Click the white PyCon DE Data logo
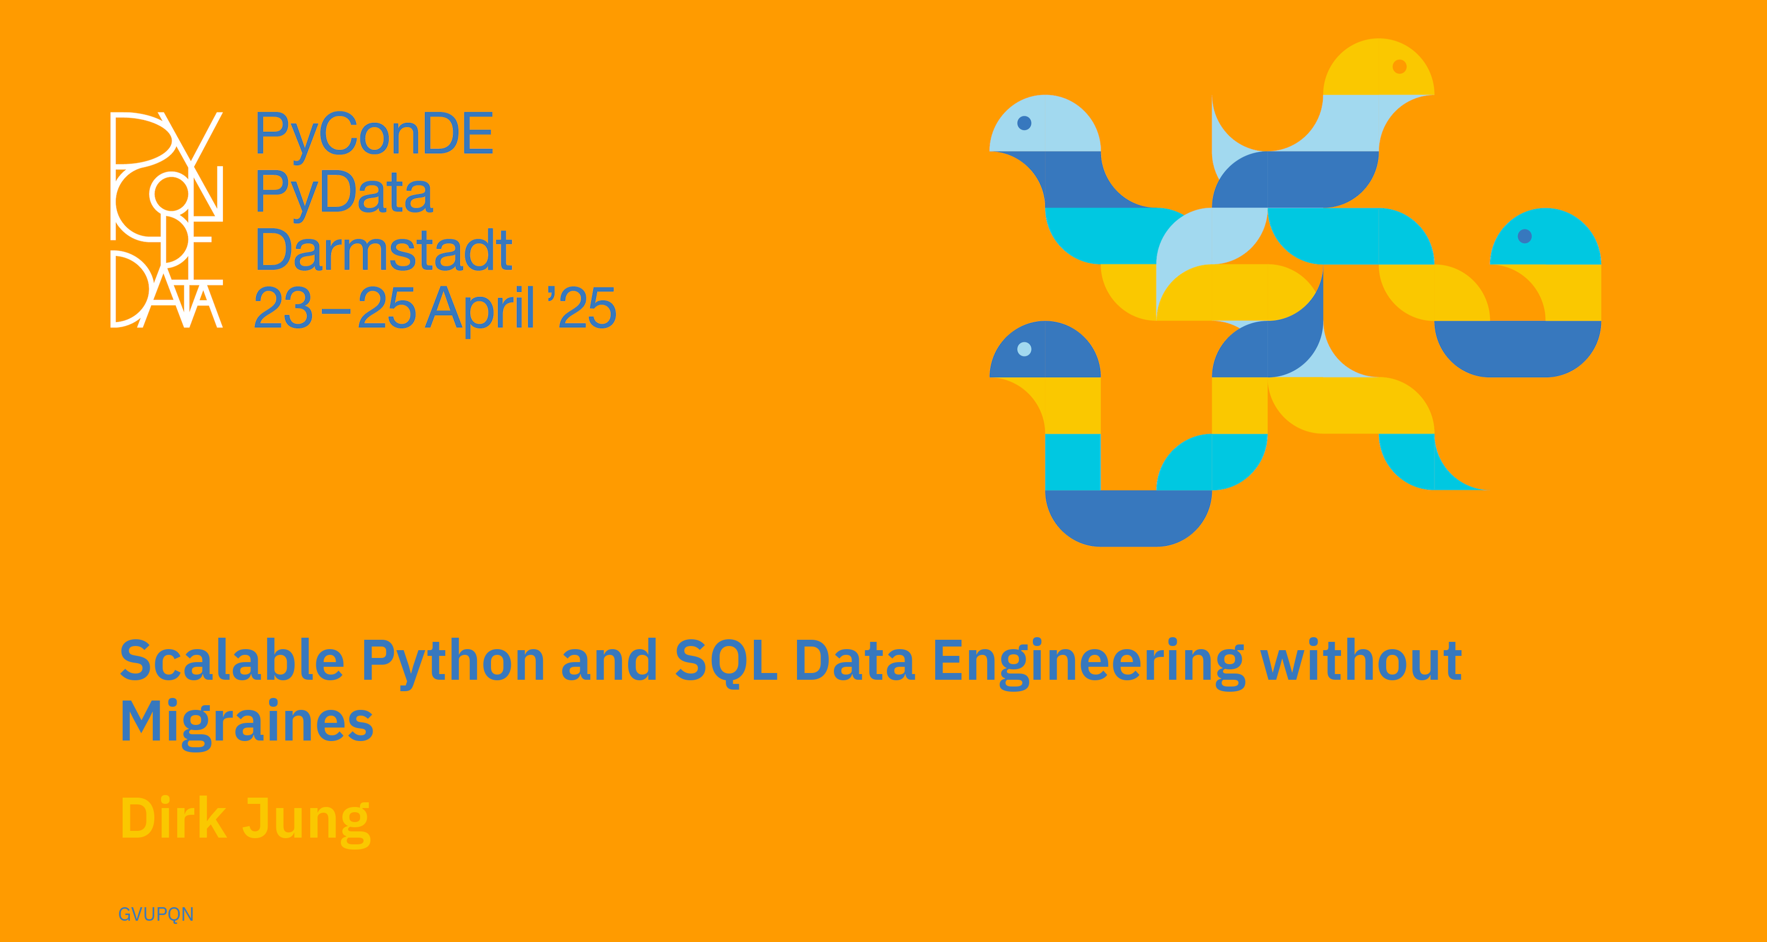(167, 219)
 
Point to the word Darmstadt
(383, 250)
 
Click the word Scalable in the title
(232, 660)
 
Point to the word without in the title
(1362, 660)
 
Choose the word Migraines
(247, 723)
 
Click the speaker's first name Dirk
(174, 818)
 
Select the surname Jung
(307, 822)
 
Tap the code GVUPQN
(156, 914)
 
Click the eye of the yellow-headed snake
(1399, 66)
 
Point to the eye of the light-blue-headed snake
(1024, 123)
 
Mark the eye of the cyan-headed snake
(1525, 236)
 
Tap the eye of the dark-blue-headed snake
(1024, 349)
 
